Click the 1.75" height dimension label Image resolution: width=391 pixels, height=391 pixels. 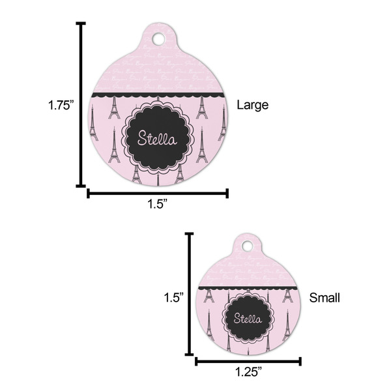point(63,105)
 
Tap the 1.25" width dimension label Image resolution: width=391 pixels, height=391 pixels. point(248,372)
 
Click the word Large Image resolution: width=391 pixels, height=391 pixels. point(252,104)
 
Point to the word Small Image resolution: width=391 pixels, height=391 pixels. point(324,298)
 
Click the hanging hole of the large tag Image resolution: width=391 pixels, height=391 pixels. point(159,39)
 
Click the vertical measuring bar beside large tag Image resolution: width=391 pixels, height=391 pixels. point(81,104)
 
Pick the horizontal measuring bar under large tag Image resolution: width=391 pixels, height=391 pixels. point(157,192)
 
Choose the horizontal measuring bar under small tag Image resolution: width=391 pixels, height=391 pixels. point(248,360)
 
